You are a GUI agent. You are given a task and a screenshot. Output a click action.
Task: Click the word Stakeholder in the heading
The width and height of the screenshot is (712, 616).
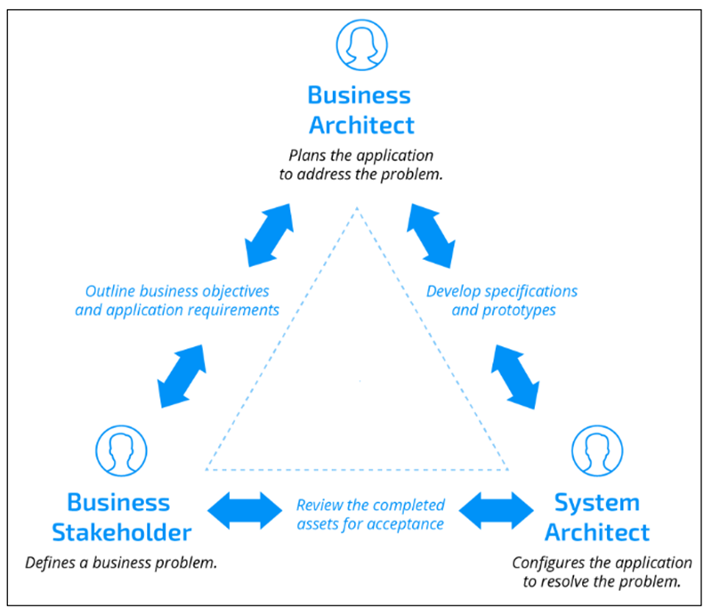pyautogui.click(x=121, y=533)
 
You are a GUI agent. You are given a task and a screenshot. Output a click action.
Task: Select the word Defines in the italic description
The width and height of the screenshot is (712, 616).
pyautogui.click(x=52, y=563)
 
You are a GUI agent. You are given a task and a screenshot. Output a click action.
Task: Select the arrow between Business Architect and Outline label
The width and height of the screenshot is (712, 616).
pyautogui.click(x=266, y=235)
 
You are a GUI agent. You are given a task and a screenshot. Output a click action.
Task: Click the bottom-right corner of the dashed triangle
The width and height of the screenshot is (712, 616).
pyautogui.click(x=508, y=469)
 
